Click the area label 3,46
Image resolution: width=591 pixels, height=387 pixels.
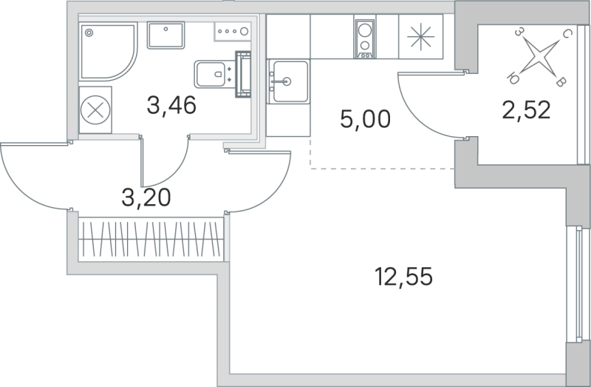pyautogui.click(x=171, y=107)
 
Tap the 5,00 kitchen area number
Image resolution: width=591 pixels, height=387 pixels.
pyautogui.click(x=364, y=118)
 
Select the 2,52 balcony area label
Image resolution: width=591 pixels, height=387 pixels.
pyautogui.click(x=526, y=112)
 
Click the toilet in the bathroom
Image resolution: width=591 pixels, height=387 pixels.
pyautogui.click(x=213, y=74)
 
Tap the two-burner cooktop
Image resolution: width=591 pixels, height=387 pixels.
pyautogui.click(x=364, y=39)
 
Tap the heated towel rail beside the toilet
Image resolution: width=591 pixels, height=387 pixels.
pyautogui.click(x=242, y=74)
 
